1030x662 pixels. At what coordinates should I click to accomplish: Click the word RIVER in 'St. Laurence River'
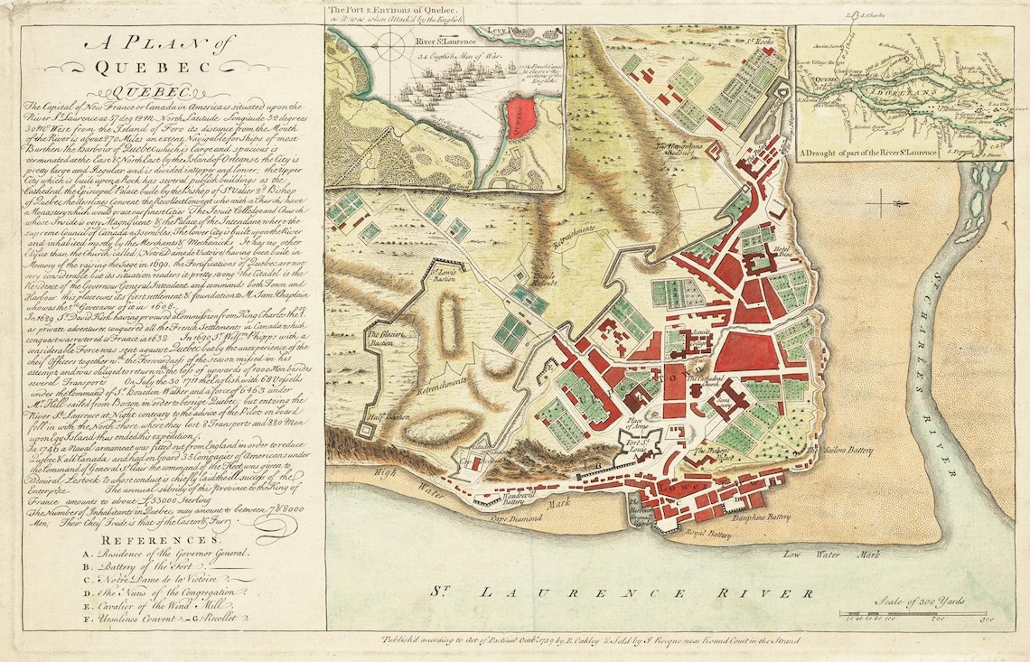tap(751, 593)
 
